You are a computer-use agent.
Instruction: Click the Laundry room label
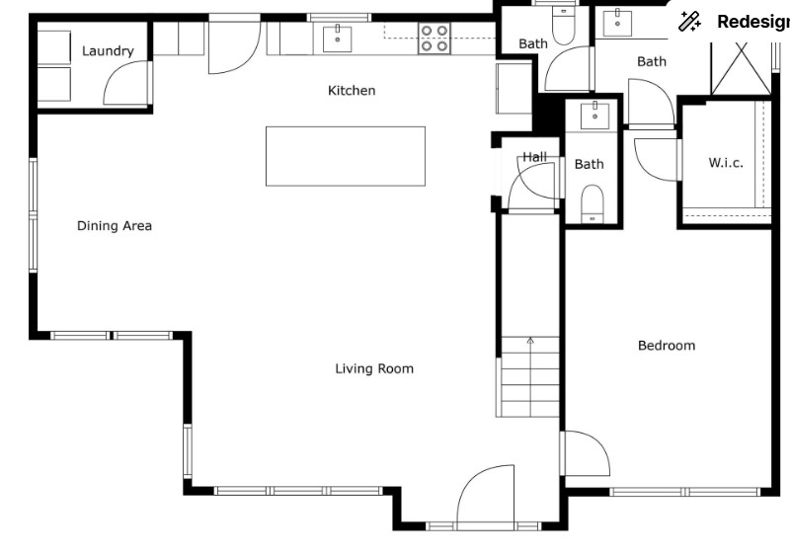(108, 51)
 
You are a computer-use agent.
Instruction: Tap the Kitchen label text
(352, 91)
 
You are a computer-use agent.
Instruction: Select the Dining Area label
(115, 226)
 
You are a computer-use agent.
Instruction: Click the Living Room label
(374, 369)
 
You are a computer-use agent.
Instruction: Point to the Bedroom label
(667, 346)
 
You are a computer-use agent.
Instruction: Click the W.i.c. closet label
(726, 163)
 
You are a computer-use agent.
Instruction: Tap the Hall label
(534, 157)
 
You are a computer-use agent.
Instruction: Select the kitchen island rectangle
(346, 156)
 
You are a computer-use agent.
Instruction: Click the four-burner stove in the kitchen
(434, 39)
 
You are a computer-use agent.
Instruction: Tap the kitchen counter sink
(337, 39)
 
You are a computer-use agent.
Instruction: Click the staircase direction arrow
(530, 342)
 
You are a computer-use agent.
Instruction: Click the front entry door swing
(486, 497)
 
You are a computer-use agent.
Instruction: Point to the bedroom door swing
(588, 453)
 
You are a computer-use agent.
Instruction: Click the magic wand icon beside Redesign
(689, 22)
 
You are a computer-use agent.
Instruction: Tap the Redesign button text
(753, 22)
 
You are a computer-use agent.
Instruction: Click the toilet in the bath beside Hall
(592, 203)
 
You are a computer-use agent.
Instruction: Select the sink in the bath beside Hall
(595, 116)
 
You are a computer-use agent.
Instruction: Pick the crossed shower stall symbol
(742, 68)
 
